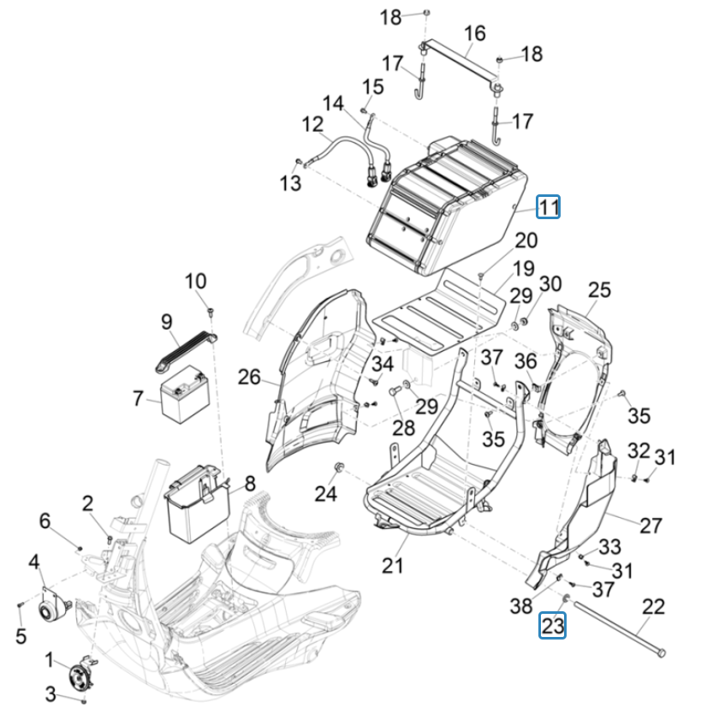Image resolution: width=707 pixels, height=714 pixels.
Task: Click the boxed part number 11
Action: tap(548, 207)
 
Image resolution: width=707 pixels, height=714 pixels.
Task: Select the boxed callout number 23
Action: tap(552, 626)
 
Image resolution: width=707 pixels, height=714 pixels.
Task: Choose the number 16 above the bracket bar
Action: tap(474, 33)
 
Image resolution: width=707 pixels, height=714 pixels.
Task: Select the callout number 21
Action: tap(392, 565)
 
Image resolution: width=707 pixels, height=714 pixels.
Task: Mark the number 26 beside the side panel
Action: tap(249, 377)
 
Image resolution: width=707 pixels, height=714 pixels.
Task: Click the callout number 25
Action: tap(600, 290)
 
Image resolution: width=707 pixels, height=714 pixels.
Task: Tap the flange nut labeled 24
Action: tap(340, 467)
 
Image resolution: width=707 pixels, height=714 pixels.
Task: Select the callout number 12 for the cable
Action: tap(312, 124)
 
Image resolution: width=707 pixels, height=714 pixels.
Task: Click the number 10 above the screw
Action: tap(195, 281)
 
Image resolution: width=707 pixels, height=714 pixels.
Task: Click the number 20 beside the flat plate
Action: tap(526, 241)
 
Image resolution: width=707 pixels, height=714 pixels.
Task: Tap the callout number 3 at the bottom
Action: tap(50, 693)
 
